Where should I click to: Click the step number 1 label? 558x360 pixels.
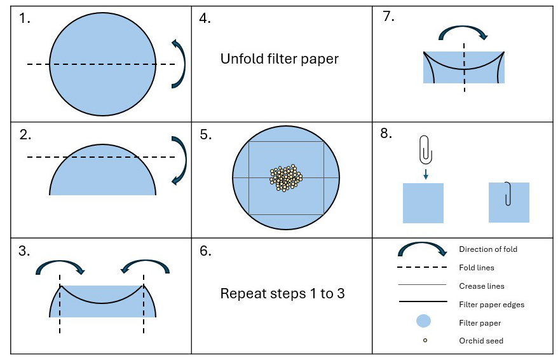click(24, 18)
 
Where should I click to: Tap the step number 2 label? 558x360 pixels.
click(24, 135)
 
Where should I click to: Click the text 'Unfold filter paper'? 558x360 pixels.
click(279, 59)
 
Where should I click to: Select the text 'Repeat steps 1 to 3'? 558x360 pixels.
click(282, 294)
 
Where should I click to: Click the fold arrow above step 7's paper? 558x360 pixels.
click(463, 32)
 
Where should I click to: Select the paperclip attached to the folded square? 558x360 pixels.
click(508, 193)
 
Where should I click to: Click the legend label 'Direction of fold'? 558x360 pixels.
click(487, 249)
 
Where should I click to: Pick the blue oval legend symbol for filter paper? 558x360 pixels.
click(424, 322)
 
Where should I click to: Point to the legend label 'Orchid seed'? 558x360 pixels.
click(481, 341)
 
